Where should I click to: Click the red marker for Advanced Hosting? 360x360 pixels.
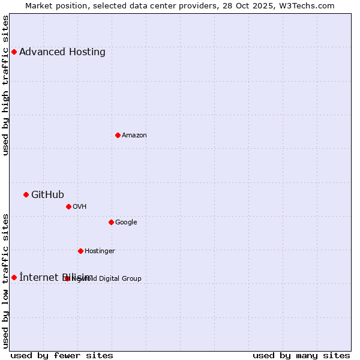[x=14, y=52]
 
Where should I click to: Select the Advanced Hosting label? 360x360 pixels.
[x=62, y=52]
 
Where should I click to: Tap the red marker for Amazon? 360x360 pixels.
[x=118, y=135]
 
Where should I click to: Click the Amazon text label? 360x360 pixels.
[x=134, y=135]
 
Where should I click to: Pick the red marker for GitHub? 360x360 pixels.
[x=26, y=194]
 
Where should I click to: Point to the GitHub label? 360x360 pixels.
[x=47, y=194]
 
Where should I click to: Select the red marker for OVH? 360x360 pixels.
[x=68, y=206]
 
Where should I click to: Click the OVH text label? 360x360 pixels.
[x=80, y=206]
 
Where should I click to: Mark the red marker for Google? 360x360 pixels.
[x=111, y=222]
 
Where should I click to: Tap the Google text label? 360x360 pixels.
[x=126, y=222]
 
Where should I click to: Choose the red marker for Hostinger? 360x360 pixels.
[x=80, y=251]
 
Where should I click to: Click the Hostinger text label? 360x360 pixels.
[x=100, y=251]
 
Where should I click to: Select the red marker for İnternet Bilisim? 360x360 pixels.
[x=14, y=277]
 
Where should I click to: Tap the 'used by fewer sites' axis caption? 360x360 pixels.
[x=62, y=355]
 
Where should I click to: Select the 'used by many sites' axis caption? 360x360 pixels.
[x=301, y=355]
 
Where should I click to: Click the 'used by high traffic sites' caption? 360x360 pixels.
[x=5, y=85]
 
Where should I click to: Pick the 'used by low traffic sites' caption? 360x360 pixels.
[x=5, y=281]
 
